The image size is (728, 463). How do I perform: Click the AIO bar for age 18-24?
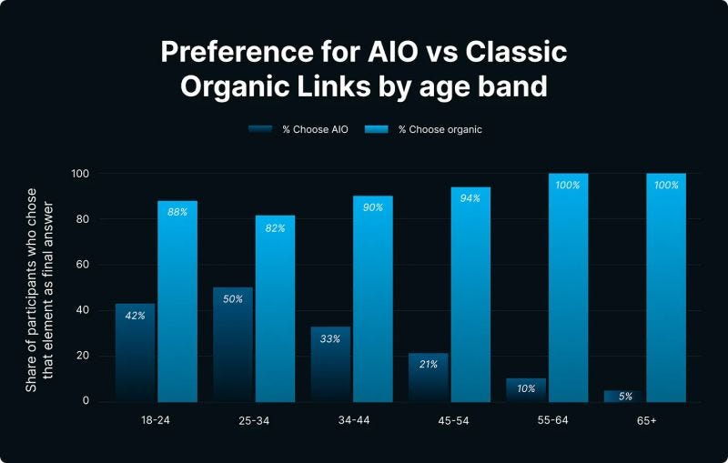click(x=135, y=355)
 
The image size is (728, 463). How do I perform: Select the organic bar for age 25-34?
click(x=275, y=309)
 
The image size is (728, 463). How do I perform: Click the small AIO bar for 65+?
click(x=623, y=396)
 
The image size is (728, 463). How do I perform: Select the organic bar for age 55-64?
click(x=568, y=291)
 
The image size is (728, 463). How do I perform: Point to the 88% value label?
click(x=177, y=212)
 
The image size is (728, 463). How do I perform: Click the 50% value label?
click(x=233, y=298)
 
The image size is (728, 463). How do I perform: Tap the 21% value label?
click(x=429, y=364)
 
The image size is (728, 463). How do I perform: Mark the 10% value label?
click(x=526, y=388)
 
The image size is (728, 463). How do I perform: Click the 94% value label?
click(x=470, y=198)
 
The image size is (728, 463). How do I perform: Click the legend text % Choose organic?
click(x=440, y=129)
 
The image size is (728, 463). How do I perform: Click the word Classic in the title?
click(x=515, y=52)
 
